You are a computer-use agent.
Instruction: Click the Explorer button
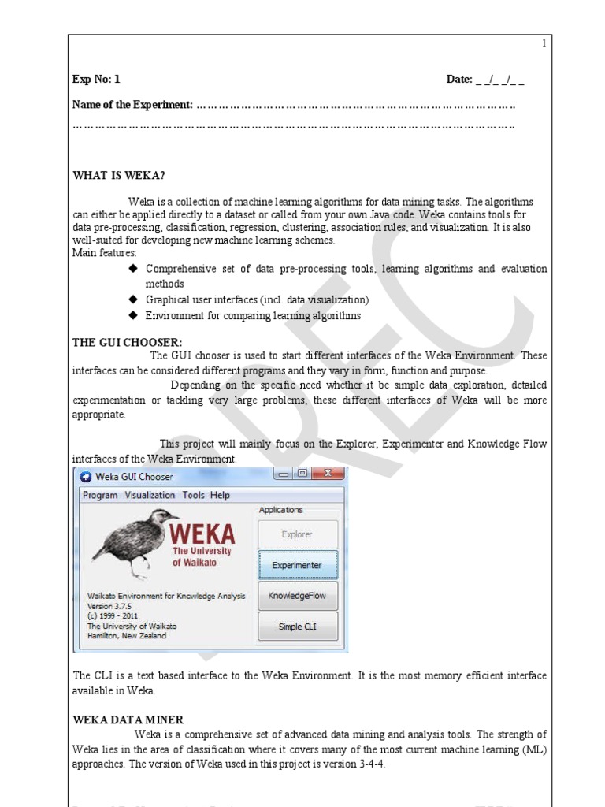coord(297,534)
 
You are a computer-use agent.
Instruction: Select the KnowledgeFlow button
coord(297,596)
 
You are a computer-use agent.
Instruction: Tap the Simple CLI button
coord(297,627)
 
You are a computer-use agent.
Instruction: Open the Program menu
coord(100,495)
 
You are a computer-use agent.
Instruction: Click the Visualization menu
coord(150,495)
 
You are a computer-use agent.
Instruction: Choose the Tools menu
coord(193,495)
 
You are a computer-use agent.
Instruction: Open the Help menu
coord(221,495)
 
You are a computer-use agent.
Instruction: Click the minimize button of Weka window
coord(284,474)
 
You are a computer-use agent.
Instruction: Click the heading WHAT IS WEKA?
coord(119,175)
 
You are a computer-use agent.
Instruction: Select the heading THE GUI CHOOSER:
coord(127,342)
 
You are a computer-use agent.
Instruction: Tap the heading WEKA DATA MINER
coord(128,720)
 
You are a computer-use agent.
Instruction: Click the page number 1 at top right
coord(543,44)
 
